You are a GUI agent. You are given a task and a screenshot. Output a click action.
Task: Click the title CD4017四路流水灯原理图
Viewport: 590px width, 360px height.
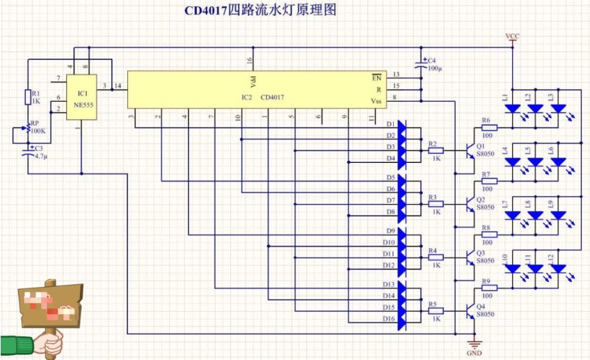click(x=260, y=11)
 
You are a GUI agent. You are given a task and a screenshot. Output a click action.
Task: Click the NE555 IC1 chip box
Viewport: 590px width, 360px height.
click(x=82, y=95)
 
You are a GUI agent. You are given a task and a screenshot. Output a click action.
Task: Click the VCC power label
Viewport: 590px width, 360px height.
click(x=512, y=36)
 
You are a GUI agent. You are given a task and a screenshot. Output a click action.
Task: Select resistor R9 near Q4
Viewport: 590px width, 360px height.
click(x=488, y=287)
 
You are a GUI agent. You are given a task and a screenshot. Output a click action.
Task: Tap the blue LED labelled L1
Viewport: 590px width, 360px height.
click(x=513, y=109)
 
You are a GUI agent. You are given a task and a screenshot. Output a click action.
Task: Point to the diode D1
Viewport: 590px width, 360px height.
click(x=404, y=125)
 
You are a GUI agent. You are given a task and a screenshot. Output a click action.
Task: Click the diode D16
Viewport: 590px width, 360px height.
click(x=404, y=320)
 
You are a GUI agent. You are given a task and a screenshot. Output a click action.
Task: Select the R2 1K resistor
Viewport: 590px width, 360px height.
click(x=436, y=149)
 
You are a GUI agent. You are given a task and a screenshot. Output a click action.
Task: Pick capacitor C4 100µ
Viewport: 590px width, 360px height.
click(x=422, y=63)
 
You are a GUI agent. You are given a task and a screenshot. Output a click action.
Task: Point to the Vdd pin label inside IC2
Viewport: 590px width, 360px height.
click(x=253, y=79)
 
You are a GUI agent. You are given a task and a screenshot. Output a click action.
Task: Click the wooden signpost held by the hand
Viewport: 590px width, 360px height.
click(x=49, y=306)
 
